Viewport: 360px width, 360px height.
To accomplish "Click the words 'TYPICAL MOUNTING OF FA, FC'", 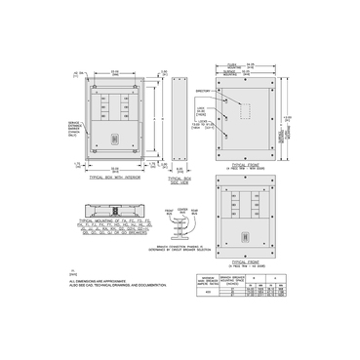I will (x=110, y=223).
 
